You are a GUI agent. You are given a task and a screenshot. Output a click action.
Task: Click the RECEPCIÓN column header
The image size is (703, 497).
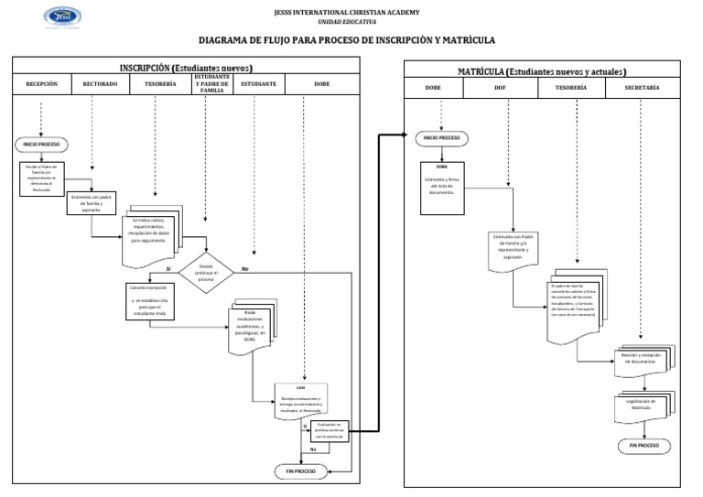[x=42, y=84]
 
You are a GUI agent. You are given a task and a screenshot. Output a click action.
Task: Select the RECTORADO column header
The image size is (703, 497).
[x=100, y=84]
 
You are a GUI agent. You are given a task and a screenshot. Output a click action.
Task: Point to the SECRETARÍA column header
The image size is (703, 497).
[x=641, y=87]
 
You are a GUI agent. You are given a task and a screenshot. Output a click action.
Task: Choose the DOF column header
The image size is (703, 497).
[x=500, y=87]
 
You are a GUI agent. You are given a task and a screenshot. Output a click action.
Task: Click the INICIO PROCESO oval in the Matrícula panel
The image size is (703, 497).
[x=441, y=138]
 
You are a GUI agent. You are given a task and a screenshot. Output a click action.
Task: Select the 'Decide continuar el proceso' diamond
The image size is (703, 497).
[x=206, y=270]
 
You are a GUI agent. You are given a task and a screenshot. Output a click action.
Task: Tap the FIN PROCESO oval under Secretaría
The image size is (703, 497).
[x=644, y=445]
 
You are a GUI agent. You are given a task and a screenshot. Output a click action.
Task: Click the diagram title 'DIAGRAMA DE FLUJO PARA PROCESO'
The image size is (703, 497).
[x=347, y=41]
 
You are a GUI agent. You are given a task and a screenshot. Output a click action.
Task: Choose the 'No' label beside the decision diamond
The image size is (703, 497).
[x=244, y=268]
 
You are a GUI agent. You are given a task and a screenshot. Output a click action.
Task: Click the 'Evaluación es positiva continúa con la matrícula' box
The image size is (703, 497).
[x=328, y=429]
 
